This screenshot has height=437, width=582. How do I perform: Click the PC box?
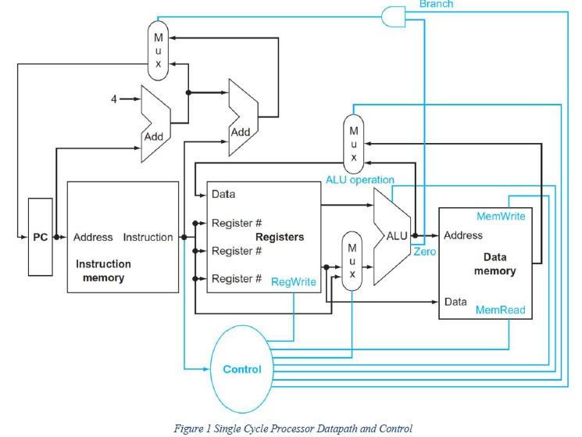click(40, 237)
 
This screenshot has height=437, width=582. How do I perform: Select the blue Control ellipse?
click(242, 368)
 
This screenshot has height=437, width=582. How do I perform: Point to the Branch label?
click(436, 4)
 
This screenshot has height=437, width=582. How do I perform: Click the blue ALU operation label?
click(360, 180)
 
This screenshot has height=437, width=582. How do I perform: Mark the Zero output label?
click(425, 252)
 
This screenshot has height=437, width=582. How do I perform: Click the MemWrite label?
click(501, 216)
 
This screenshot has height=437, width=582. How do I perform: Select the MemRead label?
click(501, 310)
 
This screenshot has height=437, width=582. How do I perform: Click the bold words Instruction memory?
click(103, 270)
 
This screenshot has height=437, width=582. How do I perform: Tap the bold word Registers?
click(279, 236)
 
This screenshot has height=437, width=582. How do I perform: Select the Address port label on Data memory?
click(462, 235)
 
